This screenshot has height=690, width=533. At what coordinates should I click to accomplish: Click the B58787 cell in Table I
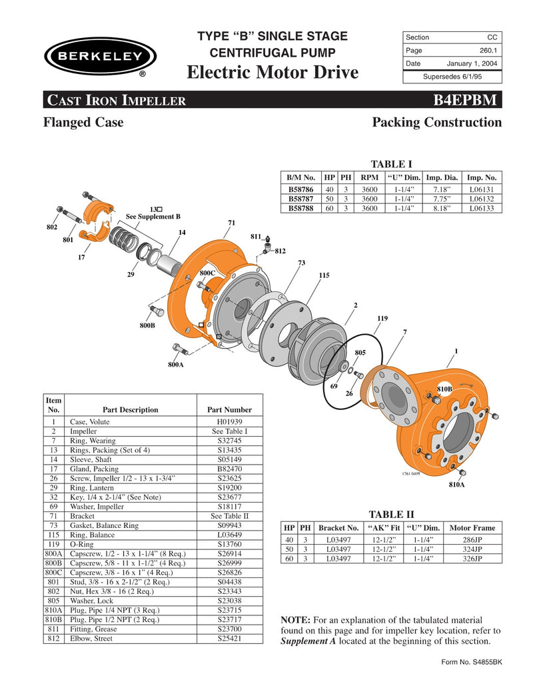(x=301, y=198)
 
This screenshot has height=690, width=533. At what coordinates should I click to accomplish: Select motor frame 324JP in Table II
(x=472, y=549)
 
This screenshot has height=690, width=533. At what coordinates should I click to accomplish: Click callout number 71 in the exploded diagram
(x=231, y=223)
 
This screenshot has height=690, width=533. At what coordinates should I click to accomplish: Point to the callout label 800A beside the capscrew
(x=176, y=365)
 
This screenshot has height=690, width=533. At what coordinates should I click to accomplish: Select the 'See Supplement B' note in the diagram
(x=153, y=217)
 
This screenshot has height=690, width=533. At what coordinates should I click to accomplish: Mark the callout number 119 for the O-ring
(x=382, y=318)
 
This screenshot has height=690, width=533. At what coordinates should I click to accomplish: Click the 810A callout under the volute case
(x=458, y=485)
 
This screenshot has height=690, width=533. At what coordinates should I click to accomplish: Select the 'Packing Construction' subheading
(x=436, y=123)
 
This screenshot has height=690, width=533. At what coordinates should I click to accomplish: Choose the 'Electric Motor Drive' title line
(x=272, y=72)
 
